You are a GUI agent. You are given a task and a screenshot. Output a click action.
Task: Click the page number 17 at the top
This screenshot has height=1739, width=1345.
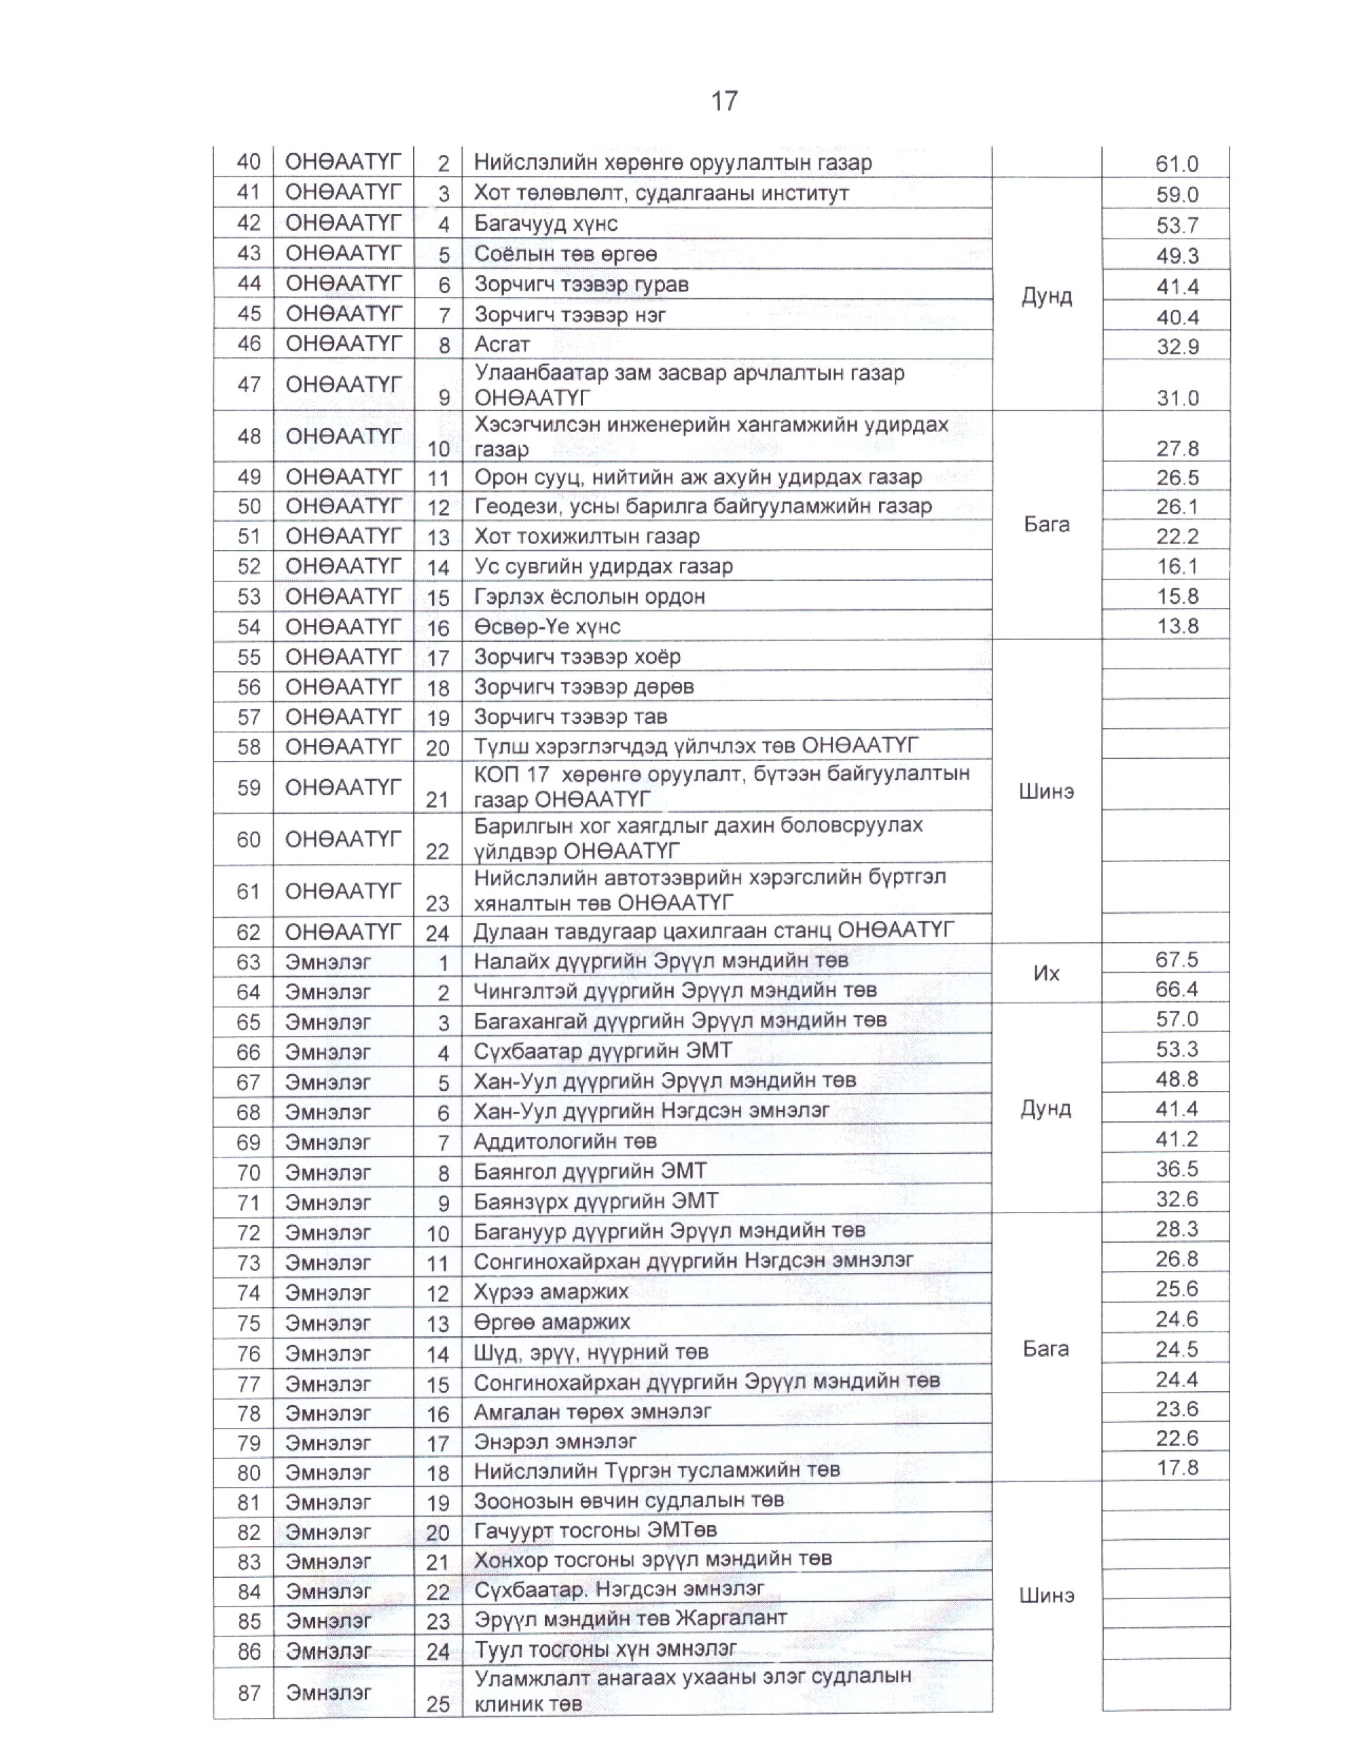[x=724, y=101]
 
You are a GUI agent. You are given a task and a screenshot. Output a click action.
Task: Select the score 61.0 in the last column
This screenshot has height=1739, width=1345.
[x=1176, y=164]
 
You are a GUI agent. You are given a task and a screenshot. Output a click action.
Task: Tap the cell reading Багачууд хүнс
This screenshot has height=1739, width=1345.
[x=545, y=223]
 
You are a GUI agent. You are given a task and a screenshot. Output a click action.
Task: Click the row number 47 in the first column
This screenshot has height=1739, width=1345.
[x=249, y=384]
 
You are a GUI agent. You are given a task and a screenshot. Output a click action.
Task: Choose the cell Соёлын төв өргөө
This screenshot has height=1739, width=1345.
[x=565, y=254]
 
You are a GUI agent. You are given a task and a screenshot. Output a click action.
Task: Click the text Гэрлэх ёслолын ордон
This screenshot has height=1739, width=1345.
[x=589, y=596]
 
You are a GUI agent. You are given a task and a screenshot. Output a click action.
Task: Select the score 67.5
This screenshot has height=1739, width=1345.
[x=1176, y=959]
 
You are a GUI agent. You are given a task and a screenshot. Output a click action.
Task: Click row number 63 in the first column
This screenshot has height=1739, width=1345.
[x=249, y=962]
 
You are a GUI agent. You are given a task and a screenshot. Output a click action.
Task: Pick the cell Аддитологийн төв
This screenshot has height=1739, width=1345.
[x=564, y=1141]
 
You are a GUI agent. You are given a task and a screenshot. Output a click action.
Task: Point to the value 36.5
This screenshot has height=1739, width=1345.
[x=1176, y=1169]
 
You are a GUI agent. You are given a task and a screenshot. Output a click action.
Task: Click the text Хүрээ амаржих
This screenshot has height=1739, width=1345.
[x=551, y=1291]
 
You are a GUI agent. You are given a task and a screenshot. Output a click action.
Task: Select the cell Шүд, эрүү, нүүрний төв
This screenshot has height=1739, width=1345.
[x=590, y=1351]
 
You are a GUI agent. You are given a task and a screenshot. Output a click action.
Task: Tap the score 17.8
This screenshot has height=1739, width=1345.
[x=1176, y=1467]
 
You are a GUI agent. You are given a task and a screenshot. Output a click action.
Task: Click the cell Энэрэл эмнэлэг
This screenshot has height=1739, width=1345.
[x=555, y=1441]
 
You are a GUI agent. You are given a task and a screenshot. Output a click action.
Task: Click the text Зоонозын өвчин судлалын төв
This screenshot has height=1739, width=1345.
[x=629, y=1500]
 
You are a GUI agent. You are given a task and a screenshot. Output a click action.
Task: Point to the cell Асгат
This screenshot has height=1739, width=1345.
[x=502, y=345]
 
